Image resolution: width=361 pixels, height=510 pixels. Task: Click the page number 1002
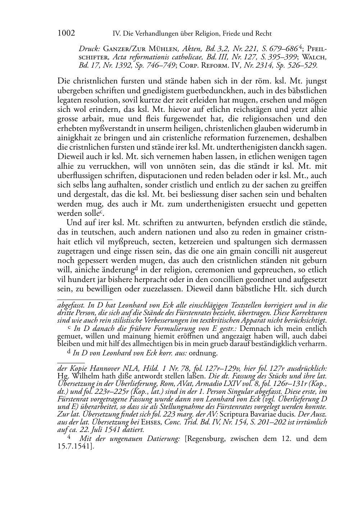coord(66,33)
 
